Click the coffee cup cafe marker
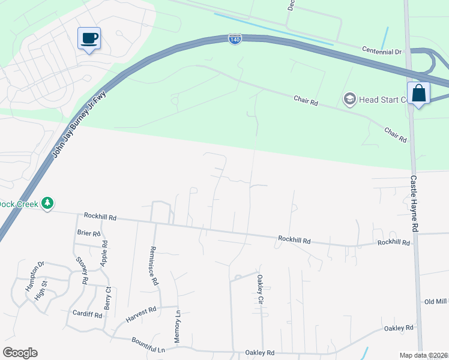[89, 39]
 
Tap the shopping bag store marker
[418, 94]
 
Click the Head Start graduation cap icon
[349, 98]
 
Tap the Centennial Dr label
[381, 52]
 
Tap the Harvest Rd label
[140, 313]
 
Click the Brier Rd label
[88, 233]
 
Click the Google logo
[20, 353]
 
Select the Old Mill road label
[436, 301]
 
